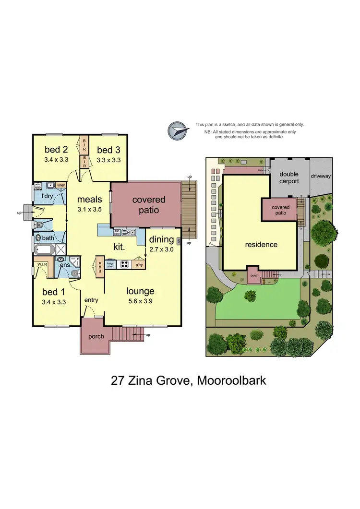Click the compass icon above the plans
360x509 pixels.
(x=177, y=130)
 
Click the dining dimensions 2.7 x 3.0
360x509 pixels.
(x=160, y=249)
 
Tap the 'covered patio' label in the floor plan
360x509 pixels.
(x=149, y=205)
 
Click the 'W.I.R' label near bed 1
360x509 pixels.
(x=40, y=263)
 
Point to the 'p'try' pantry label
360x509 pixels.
(x=139, y=264)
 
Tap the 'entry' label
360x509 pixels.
(x=91, y=300)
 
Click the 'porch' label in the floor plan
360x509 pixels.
(x=96, y=336)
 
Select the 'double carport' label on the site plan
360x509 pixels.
(x=289, y=178)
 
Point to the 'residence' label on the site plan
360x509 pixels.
(x=261, y=244)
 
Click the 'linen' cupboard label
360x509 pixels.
(x=61, y=185)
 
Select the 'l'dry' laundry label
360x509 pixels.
(x=47, y=197)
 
